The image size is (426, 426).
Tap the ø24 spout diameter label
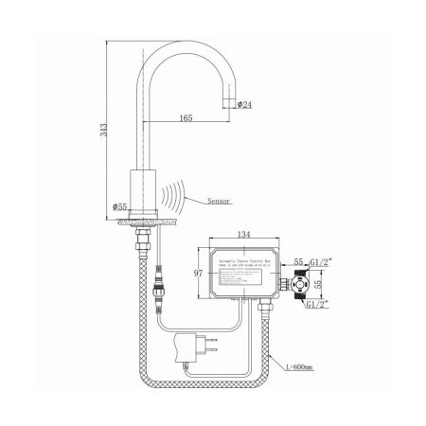tap(243, 103)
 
